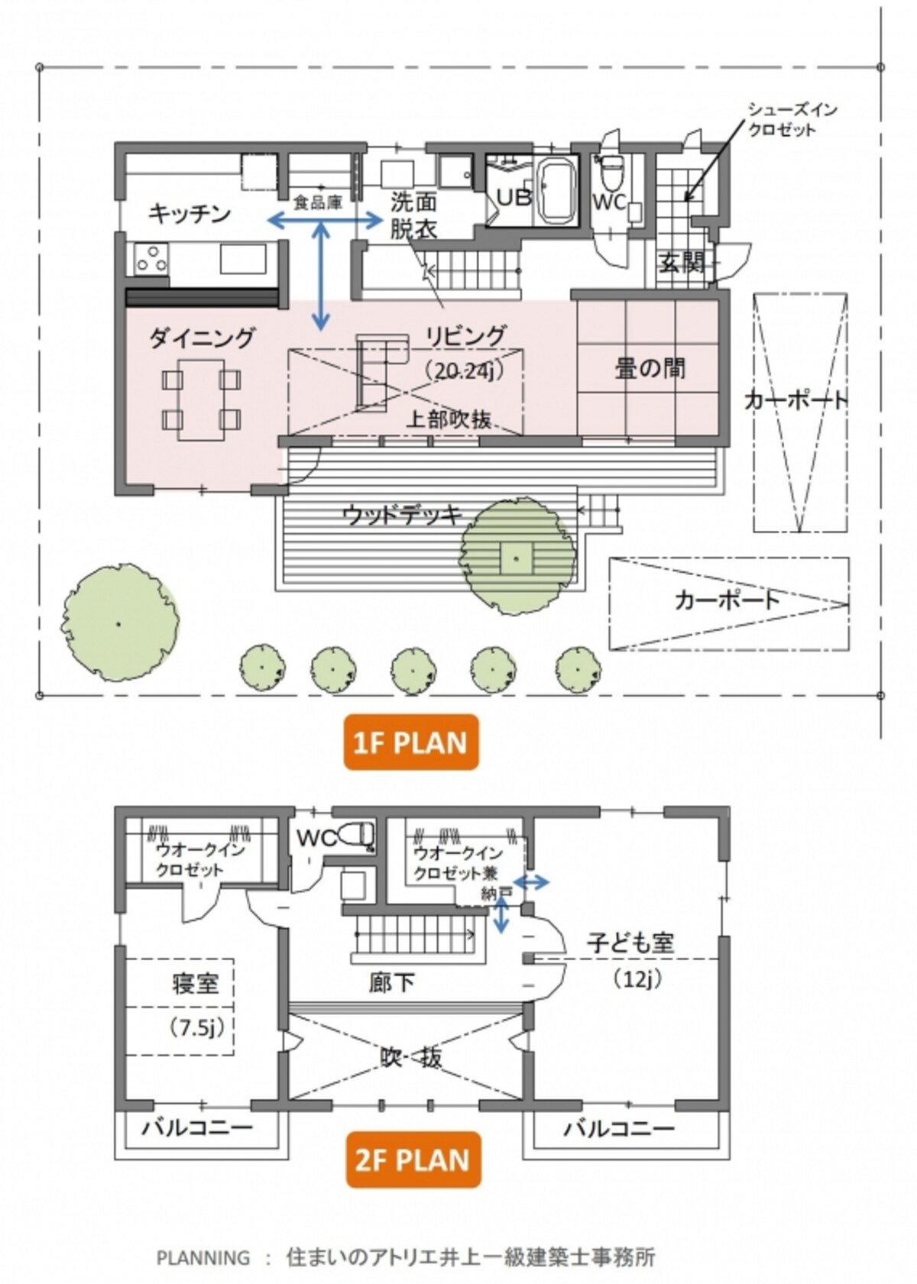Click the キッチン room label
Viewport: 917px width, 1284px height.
(x=190, y=214)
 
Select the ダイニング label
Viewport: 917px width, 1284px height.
(x=201, y=338)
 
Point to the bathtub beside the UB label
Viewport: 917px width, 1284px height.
(x=555, y=194)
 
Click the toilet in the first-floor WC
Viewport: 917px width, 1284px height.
(x=611, y=171)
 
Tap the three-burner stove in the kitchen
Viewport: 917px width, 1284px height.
(x=151, y=257)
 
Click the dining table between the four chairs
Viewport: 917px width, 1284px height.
(x=201, y=399)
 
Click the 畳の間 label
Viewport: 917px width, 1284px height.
(x=650, y=368)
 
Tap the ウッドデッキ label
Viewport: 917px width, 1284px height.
(x=403, y=516)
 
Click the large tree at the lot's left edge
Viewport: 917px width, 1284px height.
(x=119, y=623)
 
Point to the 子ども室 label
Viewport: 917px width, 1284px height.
(x=630, y=943)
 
